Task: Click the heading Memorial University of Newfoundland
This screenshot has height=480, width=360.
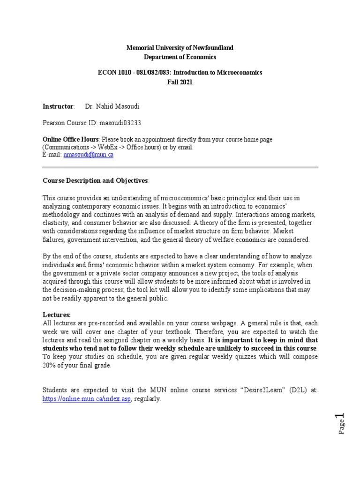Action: (180, 48)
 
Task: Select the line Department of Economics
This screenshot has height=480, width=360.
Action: (180, 57)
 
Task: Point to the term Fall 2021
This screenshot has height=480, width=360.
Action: (180, 82)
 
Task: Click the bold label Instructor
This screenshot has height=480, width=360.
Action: (58, 106)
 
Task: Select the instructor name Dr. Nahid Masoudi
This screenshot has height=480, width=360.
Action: (112, 106)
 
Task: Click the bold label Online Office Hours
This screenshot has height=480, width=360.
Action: (71, 139)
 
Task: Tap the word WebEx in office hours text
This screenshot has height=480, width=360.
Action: (103, 147)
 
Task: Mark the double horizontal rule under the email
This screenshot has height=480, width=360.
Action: (180, 167)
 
